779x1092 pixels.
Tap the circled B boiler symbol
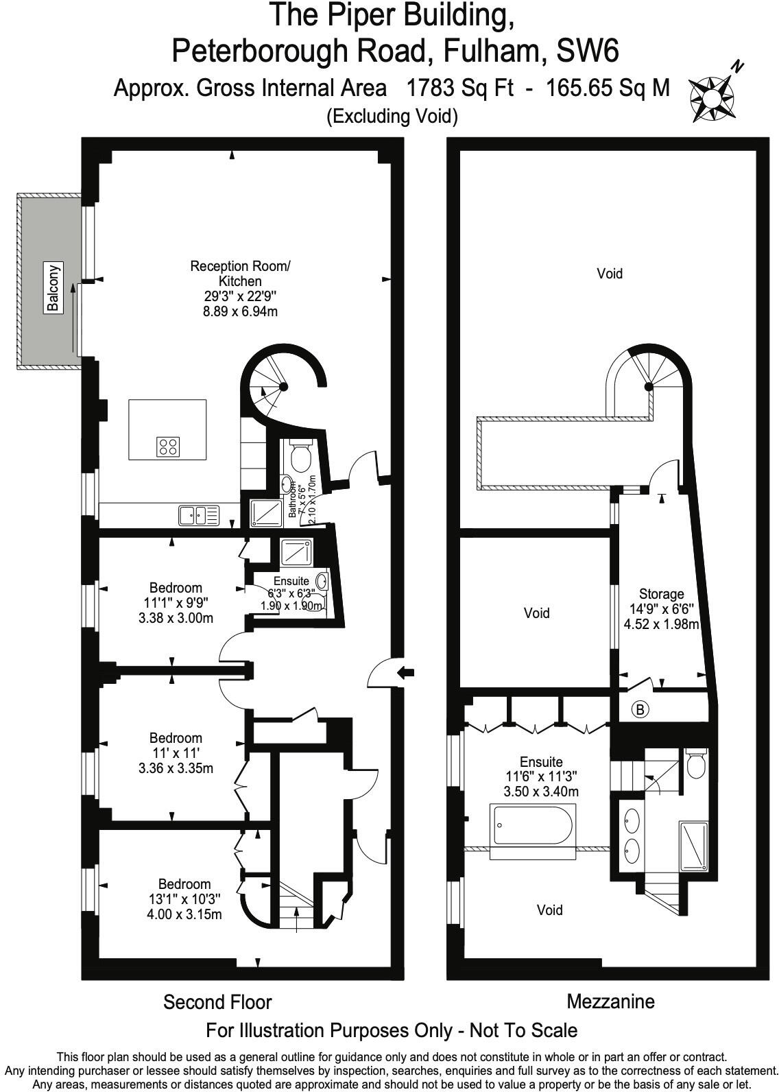tap(640, 710)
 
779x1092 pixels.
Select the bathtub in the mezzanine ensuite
tap(534, 827)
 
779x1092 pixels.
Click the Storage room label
tap(661, 594)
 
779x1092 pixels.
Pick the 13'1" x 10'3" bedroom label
tap(184, 899)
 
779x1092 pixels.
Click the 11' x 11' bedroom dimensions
tap(176, 753)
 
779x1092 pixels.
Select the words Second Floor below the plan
tap(217, 1002)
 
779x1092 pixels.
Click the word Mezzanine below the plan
tap(610, 1001)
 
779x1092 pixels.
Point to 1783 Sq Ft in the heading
tap(459, 88)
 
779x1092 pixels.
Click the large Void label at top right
tap(609, 274)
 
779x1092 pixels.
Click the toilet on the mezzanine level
tap(696, 765)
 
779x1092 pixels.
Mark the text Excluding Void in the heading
tap(392, 116)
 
